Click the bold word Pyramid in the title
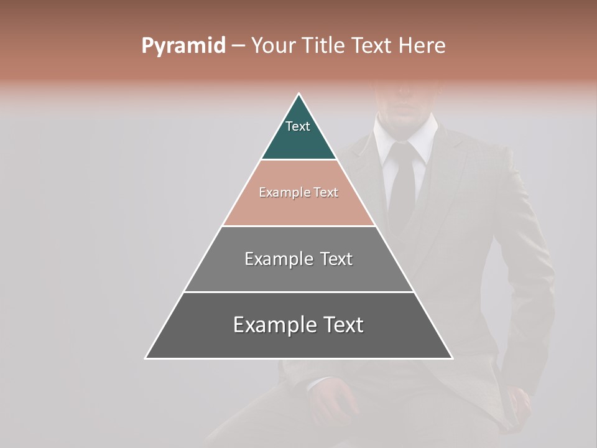(x=183, y=46)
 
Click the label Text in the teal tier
(x=298, y=126)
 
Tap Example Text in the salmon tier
(x=298, y=192)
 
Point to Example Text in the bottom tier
(x=298, y=325)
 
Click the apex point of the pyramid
(x=299, y=94)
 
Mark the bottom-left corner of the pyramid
(x=146, y=358)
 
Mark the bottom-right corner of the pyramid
(x=452, y=358)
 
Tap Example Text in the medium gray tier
(x=298, y=259)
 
